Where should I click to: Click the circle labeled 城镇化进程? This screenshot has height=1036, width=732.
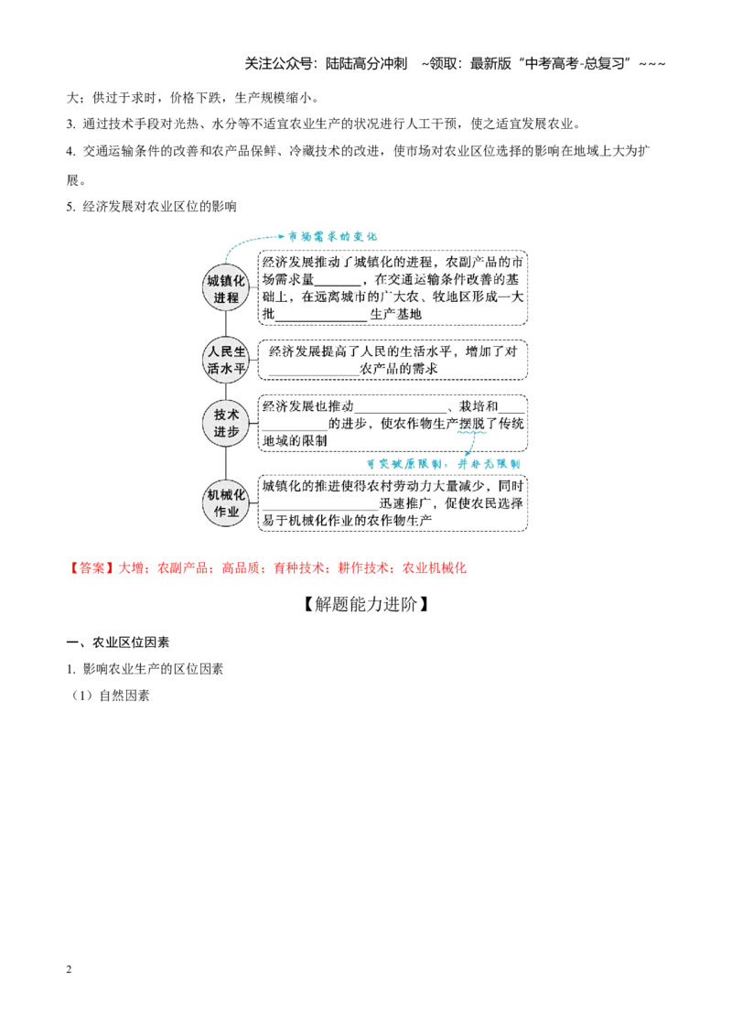(226, 288)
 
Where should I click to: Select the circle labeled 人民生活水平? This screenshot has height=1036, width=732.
(226, 360)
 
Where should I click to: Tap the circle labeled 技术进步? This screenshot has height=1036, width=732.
(226, 423)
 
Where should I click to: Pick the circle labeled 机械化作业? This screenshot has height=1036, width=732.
(226, 502)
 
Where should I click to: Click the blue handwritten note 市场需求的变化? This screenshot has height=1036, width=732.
(331, 236)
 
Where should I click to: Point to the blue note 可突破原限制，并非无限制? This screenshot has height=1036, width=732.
(443, 464)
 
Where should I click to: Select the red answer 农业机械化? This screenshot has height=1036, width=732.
(434, 568)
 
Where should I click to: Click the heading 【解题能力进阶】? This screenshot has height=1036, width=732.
(365, 604)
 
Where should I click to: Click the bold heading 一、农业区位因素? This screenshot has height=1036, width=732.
(118, 642)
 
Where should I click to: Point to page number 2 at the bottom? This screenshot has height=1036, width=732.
(69, 969)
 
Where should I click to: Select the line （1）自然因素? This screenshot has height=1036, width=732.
(110, 696)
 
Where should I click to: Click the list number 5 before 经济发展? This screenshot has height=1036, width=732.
(70, 207)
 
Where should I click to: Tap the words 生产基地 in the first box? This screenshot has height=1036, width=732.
(395, 315)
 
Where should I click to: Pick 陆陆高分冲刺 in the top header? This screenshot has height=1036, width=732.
(367, 64)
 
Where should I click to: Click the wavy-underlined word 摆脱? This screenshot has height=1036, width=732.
(472, 424)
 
